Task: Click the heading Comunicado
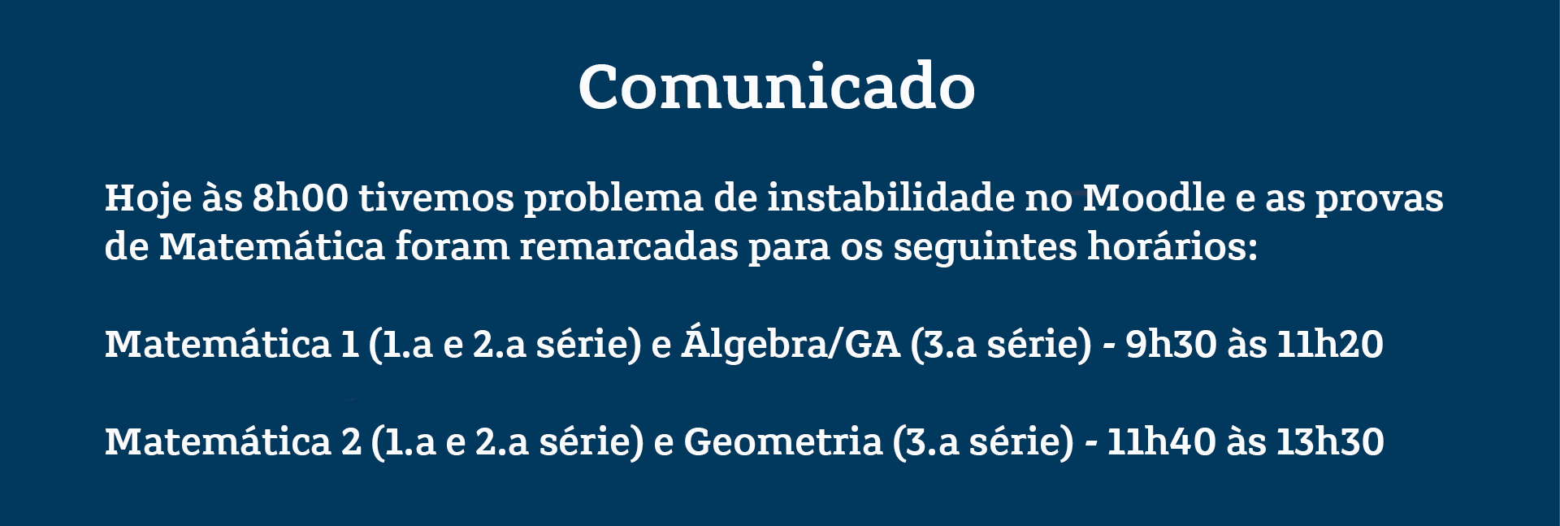777,86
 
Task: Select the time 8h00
300,198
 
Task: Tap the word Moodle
1154,198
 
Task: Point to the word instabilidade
891,198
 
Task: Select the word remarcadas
629,246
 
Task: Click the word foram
453,246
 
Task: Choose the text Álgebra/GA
791,343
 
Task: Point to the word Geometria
783,441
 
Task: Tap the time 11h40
1161,441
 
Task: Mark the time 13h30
1330,441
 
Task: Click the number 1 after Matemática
350,344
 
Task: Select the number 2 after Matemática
351,441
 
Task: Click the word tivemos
436,198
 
